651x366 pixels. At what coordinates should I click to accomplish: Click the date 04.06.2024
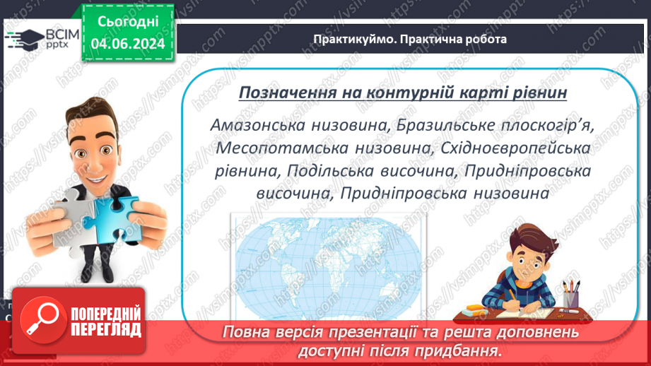[x=127, y=45]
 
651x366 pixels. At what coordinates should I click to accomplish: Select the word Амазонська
[x=257, y=124]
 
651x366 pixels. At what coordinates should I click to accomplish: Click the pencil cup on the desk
[x=570, y=293]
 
